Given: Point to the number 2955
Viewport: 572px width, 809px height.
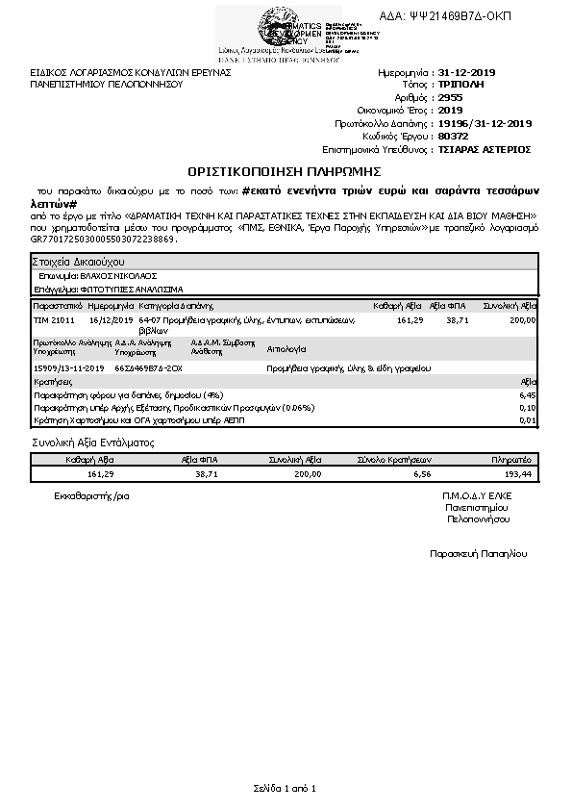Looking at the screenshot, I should pos(449,98).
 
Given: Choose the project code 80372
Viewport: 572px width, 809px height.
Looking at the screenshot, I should pos(452,137).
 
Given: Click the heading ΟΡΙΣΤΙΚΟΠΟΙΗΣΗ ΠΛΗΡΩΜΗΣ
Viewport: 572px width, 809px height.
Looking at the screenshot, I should pos(286,171).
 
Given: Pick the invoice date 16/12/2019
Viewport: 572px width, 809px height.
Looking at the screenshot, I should pos(109,319).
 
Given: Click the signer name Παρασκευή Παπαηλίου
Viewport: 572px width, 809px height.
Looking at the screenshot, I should pos(478,554).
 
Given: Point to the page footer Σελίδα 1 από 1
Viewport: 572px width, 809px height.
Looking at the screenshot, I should pos(285,788).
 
